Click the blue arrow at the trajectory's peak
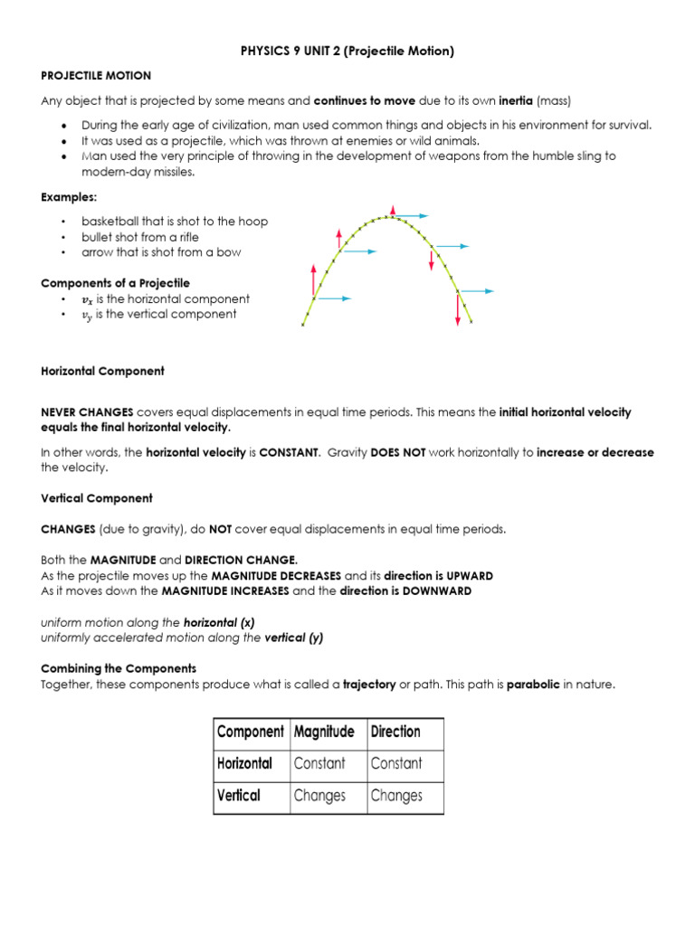point(412,216)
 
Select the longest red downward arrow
point(458,307)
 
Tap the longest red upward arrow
point(314,281)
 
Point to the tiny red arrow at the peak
point(392,211)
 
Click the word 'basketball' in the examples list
point(110,222)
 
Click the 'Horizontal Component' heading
point(103,371)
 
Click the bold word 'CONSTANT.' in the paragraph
point(290,453)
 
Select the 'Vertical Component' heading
point(96,498)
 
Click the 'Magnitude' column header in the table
point(324,732)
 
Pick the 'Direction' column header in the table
point(395,732)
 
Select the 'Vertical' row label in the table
point(239,796)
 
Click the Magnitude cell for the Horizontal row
point(319,763)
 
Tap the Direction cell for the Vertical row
point(396,796)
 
